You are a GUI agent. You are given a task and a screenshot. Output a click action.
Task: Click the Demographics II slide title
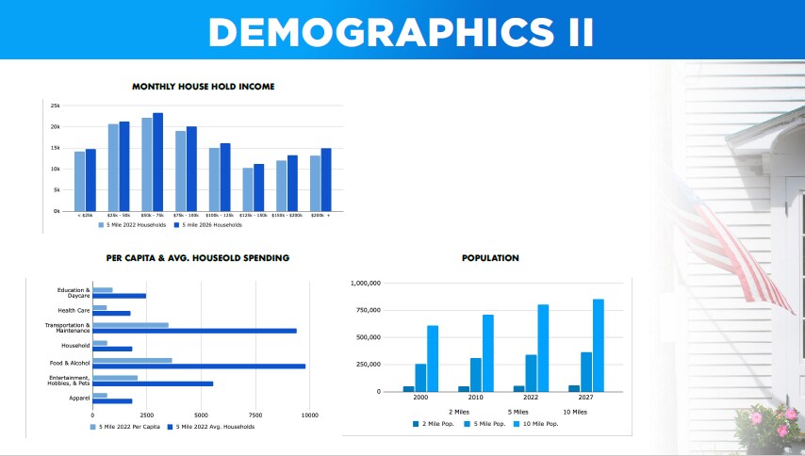pyautogui.click(x=402, y=30)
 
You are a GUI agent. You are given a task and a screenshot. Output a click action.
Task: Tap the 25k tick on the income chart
pyautogui.click(x=55, y=106)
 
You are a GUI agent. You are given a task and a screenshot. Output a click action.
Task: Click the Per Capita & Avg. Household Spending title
pyautogui.click(x=198, y=257)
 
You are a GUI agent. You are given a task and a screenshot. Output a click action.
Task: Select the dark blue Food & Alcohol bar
pyautogui.click(x=198, y=366)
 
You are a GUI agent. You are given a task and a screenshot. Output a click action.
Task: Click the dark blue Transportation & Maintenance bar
pyautogui.click(x=194, y=331)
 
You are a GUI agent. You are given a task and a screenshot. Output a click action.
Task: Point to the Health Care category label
pyautogui.click(x=74, y=310)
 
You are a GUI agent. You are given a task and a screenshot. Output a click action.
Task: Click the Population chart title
pyautogui.click(x=490, y=258)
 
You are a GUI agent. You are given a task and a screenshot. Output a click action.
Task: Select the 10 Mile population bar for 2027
pyautogui.click(x=598, y=345)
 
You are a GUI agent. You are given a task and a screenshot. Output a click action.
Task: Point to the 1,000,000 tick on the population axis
pyautogui.click(x=365, y=283)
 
